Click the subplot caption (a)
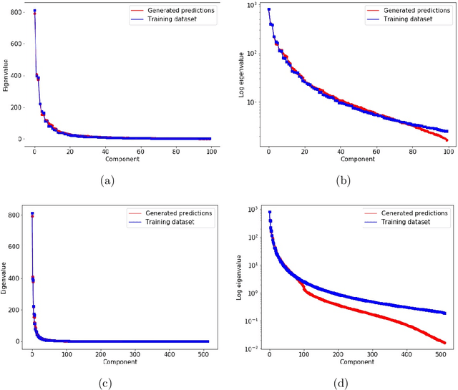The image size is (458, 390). [107, 181]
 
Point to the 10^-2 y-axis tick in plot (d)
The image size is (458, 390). [250, 348]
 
